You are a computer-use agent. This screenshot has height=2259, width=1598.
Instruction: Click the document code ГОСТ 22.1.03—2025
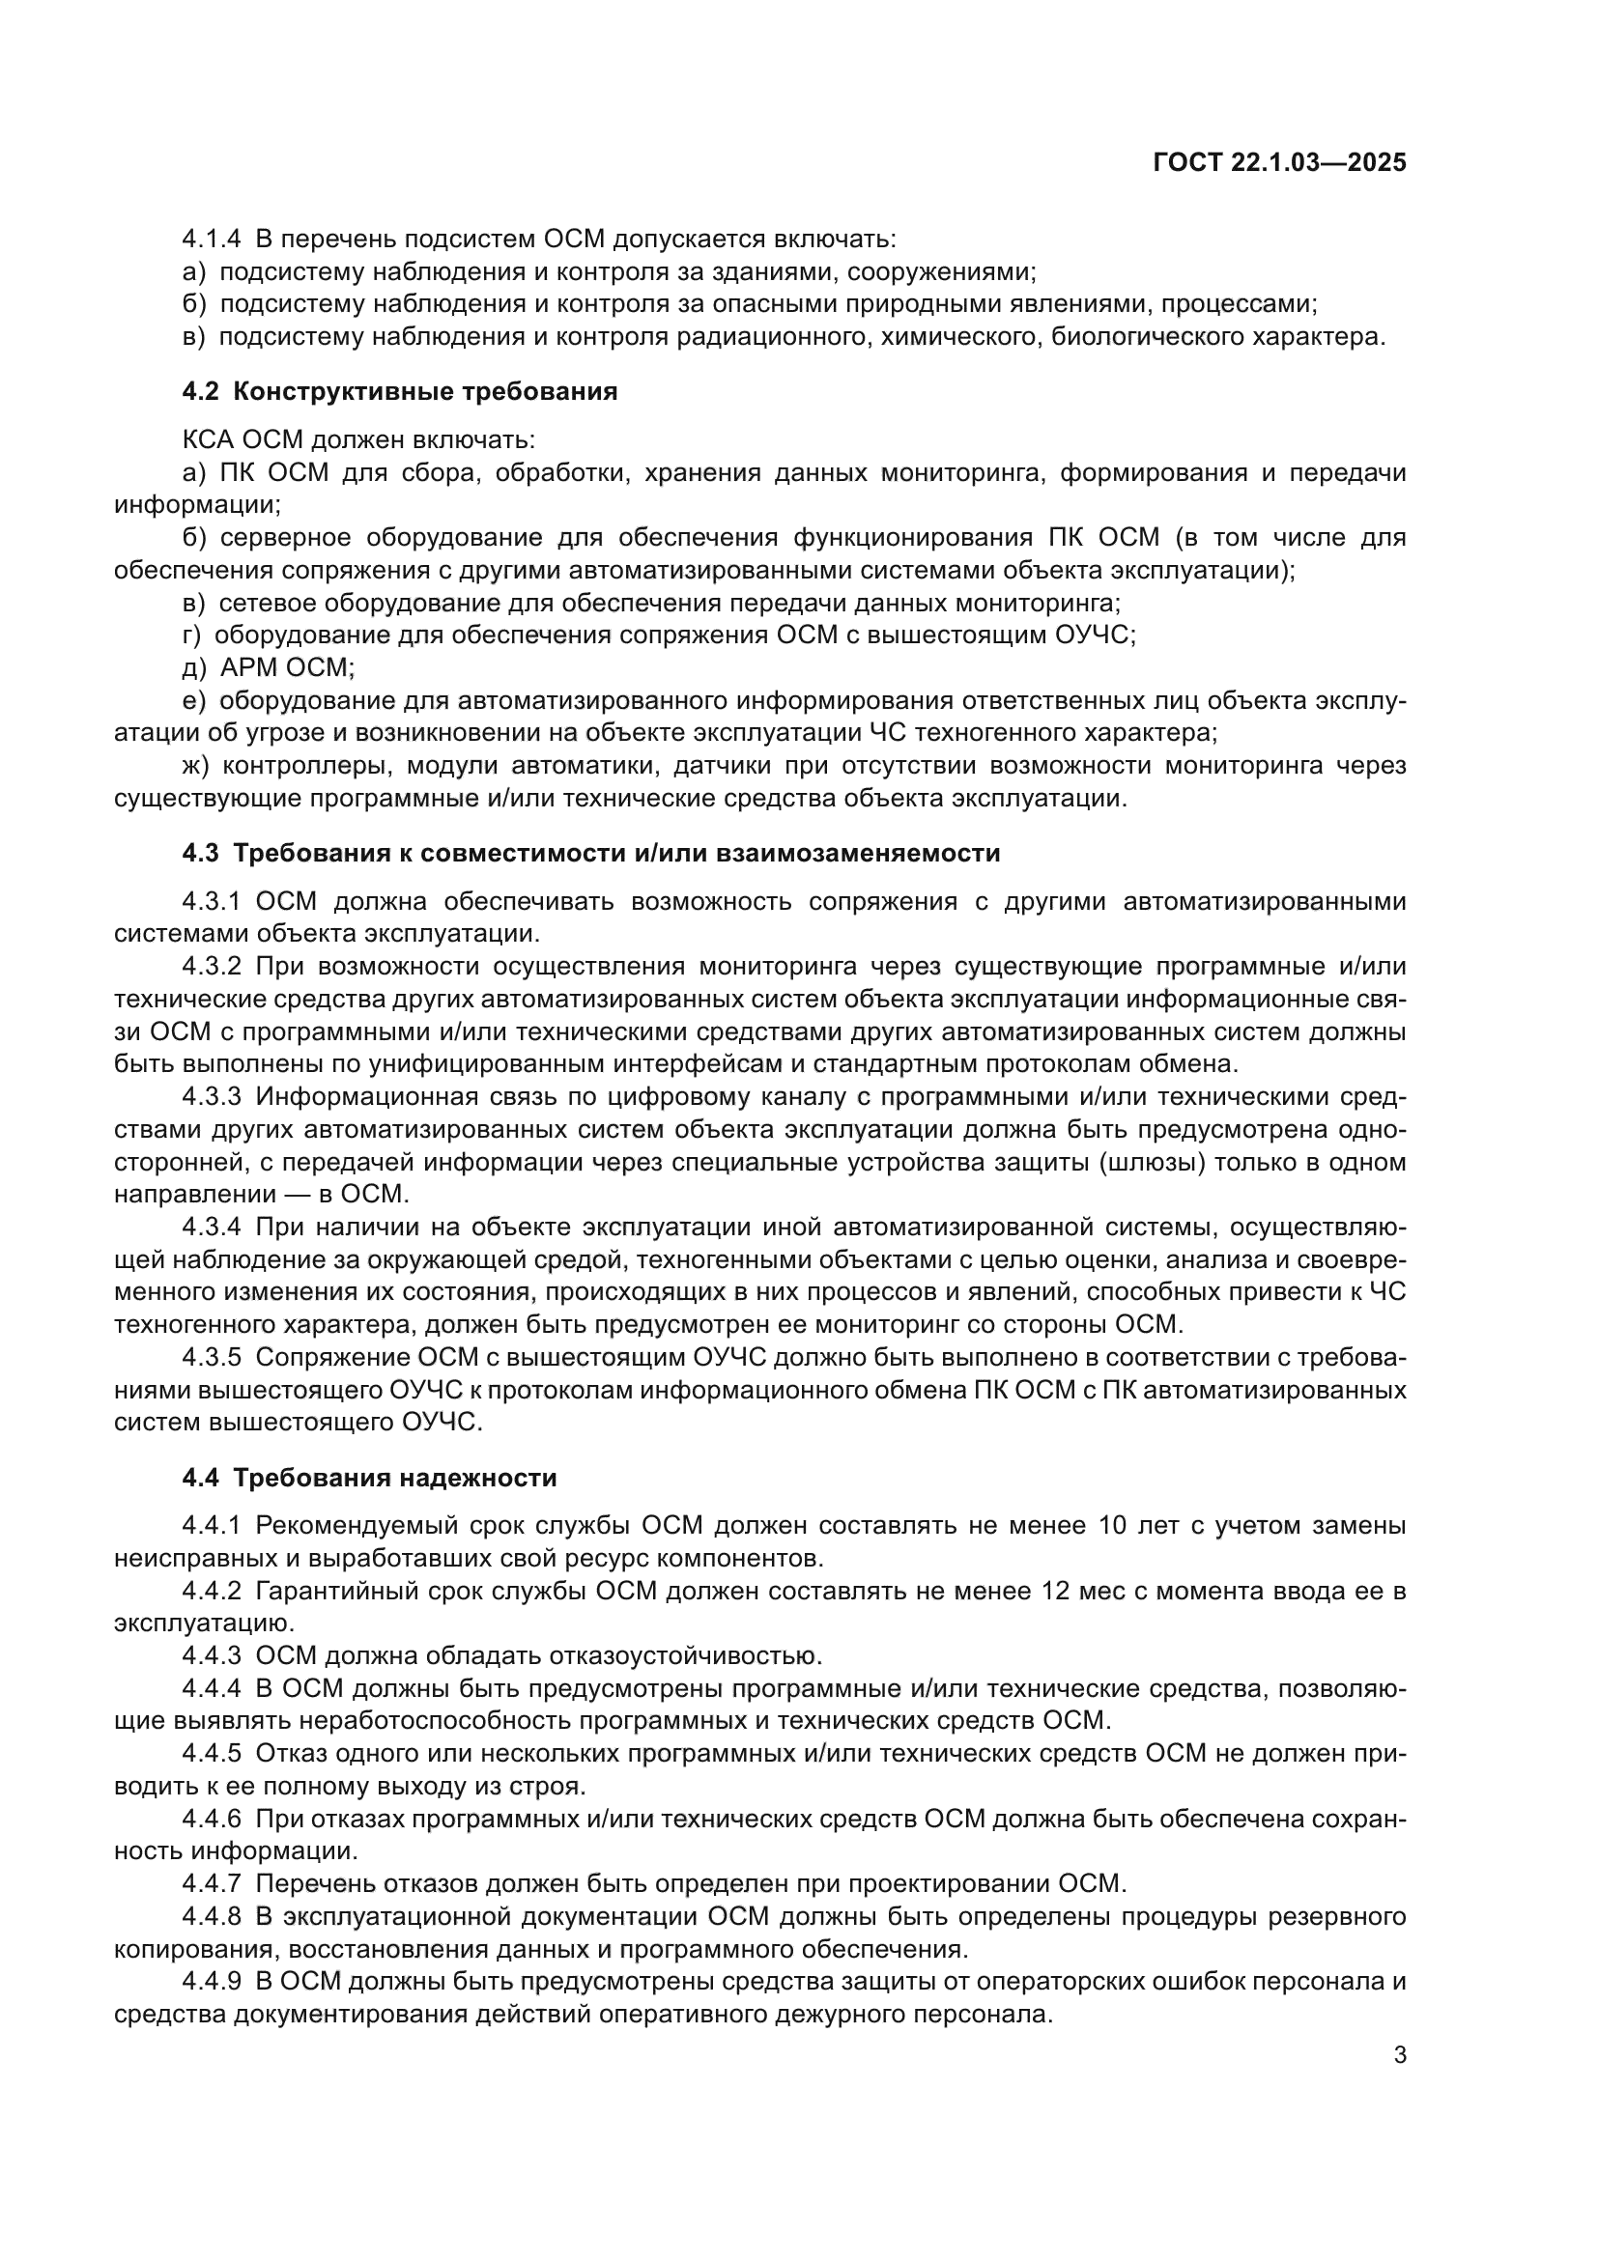point(1279,162)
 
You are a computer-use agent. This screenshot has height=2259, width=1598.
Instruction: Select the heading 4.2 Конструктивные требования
point(400,391)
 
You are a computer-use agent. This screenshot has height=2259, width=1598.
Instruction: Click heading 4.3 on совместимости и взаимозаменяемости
point(590,853)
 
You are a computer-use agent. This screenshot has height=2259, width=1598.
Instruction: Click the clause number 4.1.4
point(211,240)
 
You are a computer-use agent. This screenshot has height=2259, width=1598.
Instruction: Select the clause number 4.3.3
point(211,1097)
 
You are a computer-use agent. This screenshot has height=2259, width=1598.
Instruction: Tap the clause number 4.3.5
point(211,1358)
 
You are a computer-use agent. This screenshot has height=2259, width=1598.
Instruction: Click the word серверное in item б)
point(284,537)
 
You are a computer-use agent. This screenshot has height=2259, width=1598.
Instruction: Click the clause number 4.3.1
point(211,901)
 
